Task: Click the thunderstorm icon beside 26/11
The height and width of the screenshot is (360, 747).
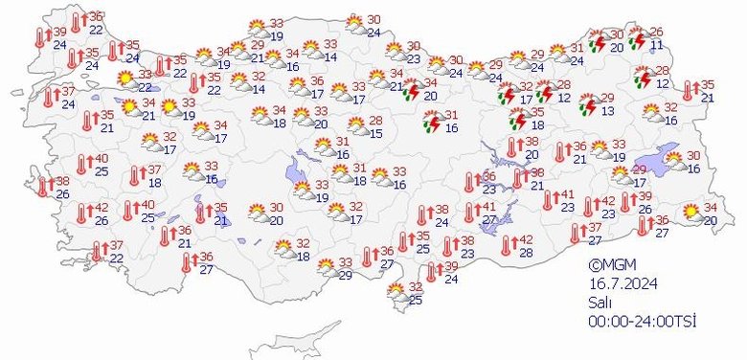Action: click(x=636, y=38)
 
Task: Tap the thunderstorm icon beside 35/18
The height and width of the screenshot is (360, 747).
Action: click(x=517, y=119)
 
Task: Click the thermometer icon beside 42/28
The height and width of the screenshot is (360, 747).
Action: click(x=506, y=246)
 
